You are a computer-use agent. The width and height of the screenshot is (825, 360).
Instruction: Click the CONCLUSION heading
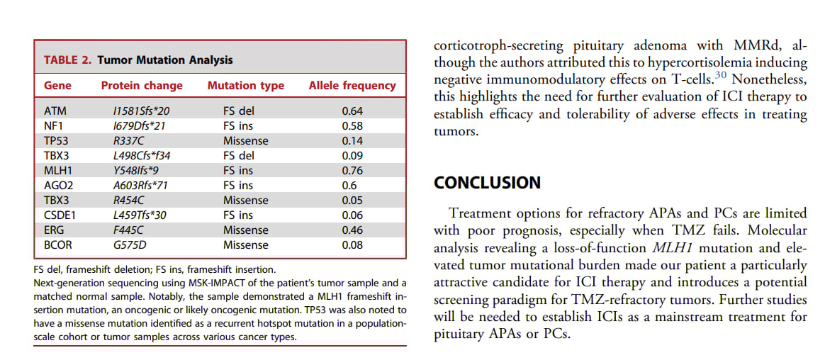[487, 183]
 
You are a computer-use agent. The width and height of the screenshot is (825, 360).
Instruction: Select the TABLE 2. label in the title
[67, 60]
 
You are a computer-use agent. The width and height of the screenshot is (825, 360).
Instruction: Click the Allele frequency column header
[352, 86]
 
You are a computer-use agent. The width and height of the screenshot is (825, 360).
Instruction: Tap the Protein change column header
[142, 86]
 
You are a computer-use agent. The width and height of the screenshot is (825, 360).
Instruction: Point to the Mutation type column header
[245, 86]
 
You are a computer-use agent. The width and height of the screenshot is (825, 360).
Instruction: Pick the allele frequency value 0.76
[352, 171]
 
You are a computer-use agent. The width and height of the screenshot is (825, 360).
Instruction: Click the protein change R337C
[128, 141]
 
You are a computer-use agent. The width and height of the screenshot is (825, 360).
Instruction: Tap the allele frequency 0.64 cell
[352, 111]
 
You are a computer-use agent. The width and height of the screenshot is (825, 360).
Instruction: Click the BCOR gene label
[58, 245]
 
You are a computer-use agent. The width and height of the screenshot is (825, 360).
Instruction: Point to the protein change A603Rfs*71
[140, 186]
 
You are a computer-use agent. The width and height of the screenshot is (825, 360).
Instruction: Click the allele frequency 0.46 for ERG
[352, 230]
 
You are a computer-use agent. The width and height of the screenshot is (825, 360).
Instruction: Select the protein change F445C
[128, 230]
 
